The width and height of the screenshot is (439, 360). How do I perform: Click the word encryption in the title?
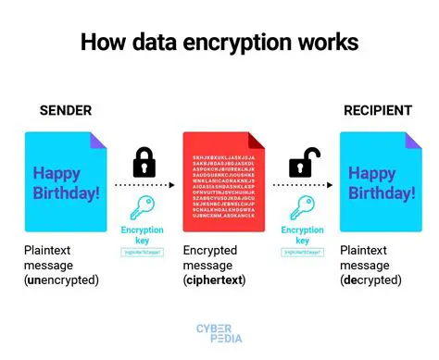click(x=232, y=43)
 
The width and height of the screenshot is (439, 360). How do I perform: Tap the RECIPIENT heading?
click(x=377, y=111)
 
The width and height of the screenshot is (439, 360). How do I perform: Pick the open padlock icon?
click(x=302, y=163)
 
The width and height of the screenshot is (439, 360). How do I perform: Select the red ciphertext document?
click(x=221, y=184)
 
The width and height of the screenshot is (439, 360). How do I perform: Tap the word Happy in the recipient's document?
click(x=371, y=173)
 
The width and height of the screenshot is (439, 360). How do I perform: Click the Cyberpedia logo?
click(x=219, y=332)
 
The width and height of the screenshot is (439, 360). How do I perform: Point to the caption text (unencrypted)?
click(x=62, y=280)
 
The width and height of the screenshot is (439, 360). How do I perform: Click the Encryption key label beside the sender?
click(x=143, y=234)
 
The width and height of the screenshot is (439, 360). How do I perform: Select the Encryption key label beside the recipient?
click(x=302, y=234)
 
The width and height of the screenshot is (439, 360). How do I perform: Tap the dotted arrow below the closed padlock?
click(x=144, y=184)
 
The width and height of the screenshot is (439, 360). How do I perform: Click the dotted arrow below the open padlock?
click(x=302, y=184)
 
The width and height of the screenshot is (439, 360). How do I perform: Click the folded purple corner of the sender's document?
click(x=97, y=140)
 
